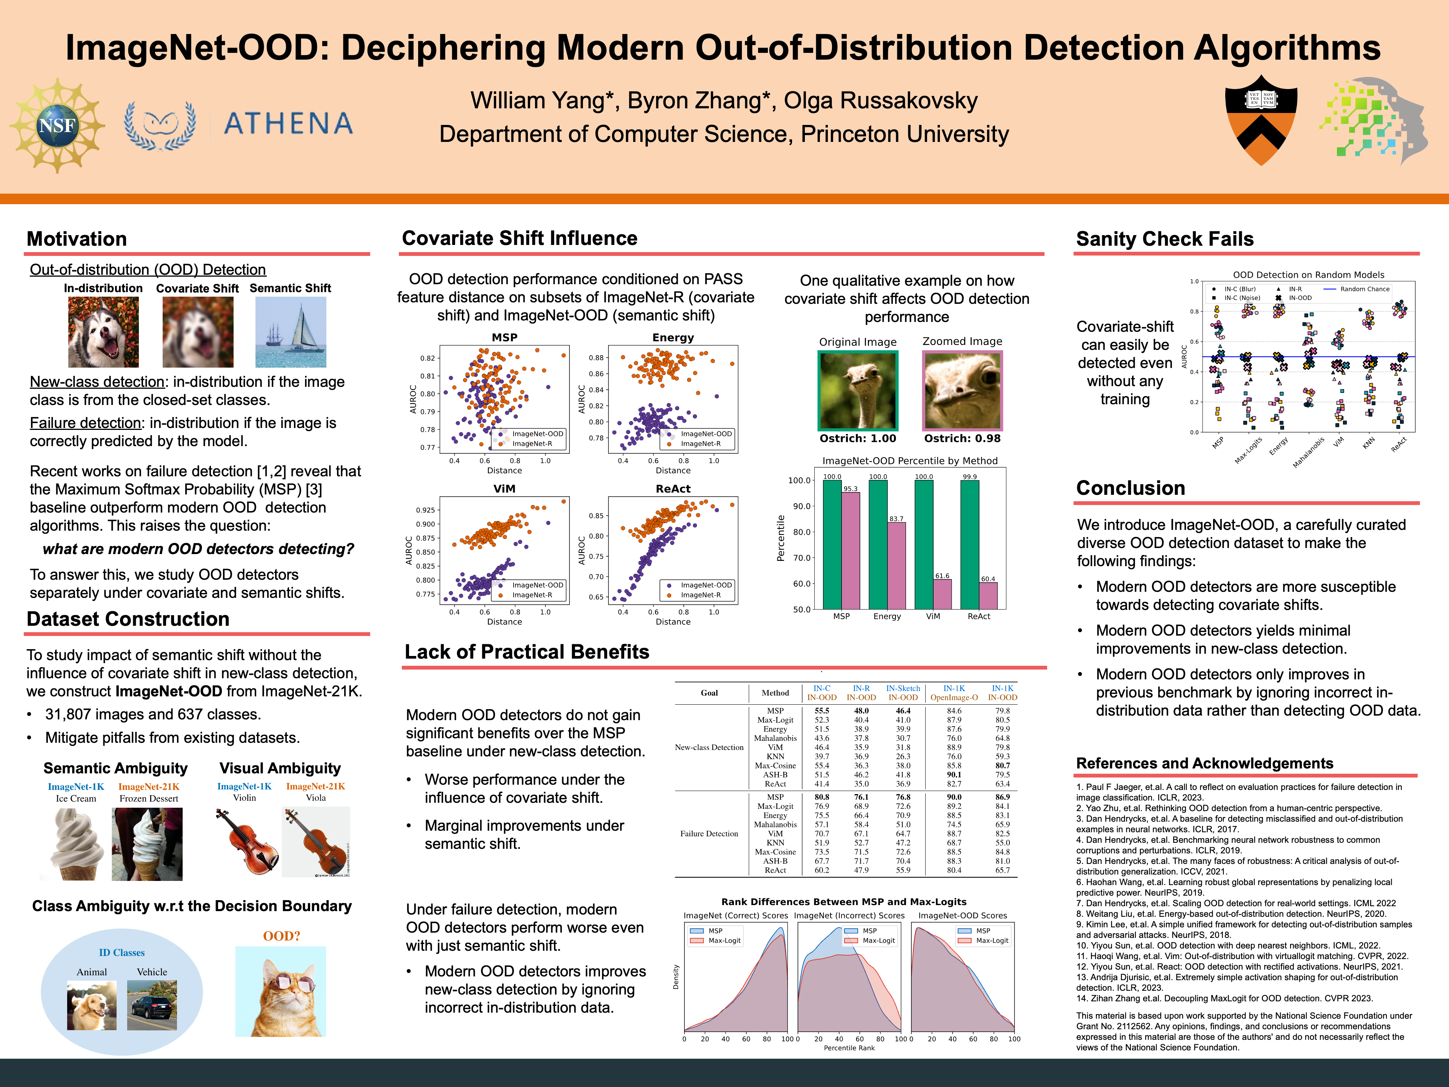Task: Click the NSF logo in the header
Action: [x=57, y=125]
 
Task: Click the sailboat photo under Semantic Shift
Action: [x=290, y=332]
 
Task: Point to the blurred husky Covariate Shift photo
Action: [x=198, y=332]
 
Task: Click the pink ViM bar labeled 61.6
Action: [x=942, y=594]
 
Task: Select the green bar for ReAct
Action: [x=969, y=545]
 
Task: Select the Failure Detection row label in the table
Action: [x=709, y=833]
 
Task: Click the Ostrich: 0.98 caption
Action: [x=961, y=438]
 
